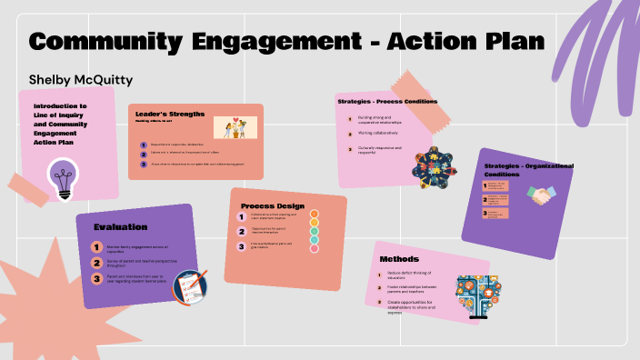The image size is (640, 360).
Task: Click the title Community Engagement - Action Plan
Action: [x=286, y=41]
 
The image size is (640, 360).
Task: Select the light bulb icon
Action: [x=63, y=178]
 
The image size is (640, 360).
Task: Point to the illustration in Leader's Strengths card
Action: [x=235, y=127]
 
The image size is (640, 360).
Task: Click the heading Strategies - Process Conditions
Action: [x=387, y=101]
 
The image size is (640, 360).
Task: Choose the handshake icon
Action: [x=545, y=196]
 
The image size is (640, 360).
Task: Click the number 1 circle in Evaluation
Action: [x=96, y=246]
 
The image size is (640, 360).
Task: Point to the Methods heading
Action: [x=399, y=259]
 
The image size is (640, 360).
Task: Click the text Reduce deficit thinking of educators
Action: [x=408, y=274]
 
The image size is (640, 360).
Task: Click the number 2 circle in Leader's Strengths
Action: [x=144, y=155]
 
